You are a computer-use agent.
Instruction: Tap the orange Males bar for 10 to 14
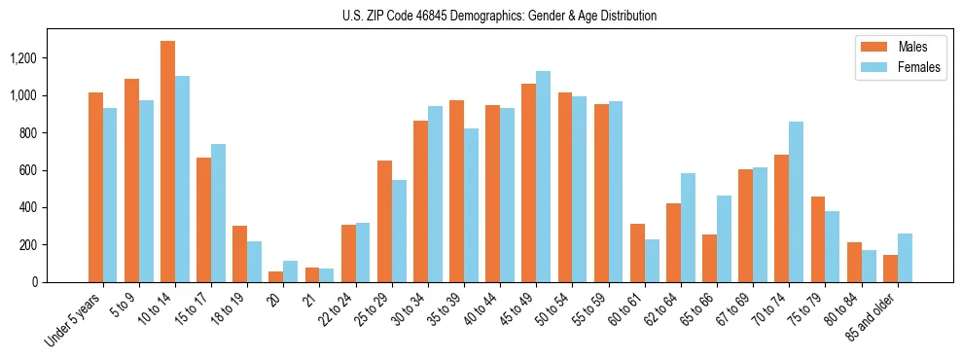point(167,162)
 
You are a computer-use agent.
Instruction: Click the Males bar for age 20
point(275,276)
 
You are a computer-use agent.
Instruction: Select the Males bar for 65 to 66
point(709,258)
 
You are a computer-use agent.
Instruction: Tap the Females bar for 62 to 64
point(688,228)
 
